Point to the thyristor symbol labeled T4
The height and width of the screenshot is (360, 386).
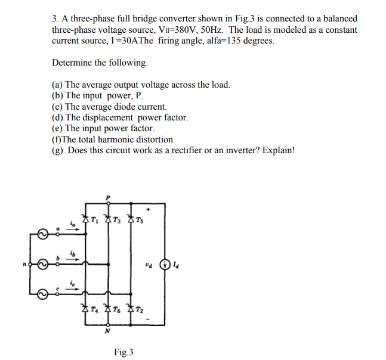pyautogui.click(x=85, y=308)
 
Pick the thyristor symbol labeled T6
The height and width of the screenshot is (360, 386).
pyautogui.click(x=108, y=308)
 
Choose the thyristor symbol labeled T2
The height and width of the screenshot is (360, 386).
pyautogui.click(x=131, y=308)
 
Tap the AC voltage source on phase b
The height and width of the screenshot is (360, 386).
pyautogui.click(x=44, y=263)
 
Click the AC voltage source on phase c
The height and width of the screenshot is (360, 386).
pyautogui.click(x=44, y=293)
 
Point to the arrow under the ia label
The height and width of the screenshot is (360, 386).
pyautogui.click(x=73, y=229)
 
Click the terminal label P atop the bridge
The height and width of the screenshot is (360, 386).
pyautogui.click(x=108, y=197)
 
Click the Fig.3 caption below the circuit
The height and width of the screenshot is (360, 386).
pyautogui.click(x=123, y=352)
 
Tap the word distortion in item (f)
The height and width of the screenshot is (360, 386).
pyautogui.click(x=153, y=139)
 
